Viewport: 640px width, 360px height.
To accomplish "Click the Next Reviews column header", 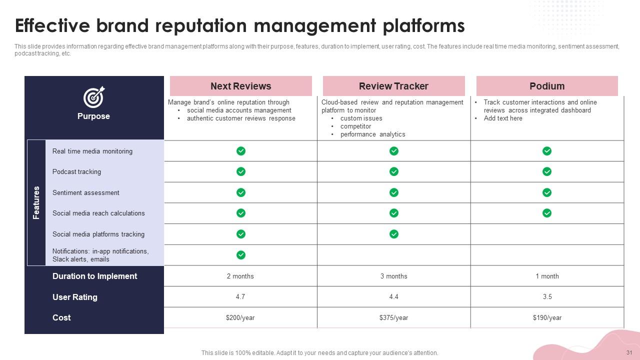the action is pos(240,86).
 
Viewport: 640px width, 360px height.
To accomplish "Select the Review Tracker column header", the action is pos(393,86).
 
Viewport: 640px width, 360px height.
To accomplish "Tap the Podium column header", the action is pos(547,86).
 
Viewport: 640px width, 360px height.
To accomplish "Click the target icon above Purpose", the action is pos(93,97).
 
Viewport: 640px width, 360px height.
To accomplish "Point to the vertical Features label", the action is pos(36,202).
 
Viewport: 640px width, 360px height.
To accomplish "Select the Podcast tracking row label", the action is pos(76,171).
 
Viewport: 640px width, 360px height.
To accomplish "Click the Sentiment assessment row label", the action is pos(85,192).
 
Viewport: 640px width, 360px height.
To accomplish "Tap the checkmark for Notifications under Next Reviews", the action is pos(241,255).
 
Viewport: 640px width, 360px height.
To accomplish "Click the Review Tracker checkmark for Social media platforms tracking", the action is pos(393,234).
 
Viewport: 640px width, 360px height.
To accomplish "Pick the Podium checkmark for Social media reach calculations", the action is pos(547,213).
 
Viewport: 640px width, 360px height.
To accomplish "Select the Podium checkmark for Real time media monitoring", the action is pos(547,151).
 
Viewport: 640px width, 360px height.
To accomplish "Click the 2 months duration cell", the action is pos(240,276).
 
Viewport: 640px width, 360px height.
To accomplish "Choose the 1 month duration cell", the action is pos(547,276).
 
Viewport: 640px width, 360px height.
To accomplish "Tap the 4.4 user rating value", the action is pos(393,297).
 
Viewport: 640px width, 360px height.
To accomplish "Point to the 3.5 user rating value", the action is pos(547,297).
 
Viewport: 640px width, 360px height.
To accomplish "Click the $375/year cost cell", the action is pos(393,317).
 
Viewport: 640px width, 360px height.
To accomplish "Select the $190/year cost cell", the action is pos(547,317).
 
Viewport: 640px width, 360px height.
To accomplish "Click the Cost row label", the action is pos(61,317).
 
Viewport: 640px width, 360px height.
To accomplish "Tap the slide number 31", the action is pos(629,352).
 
